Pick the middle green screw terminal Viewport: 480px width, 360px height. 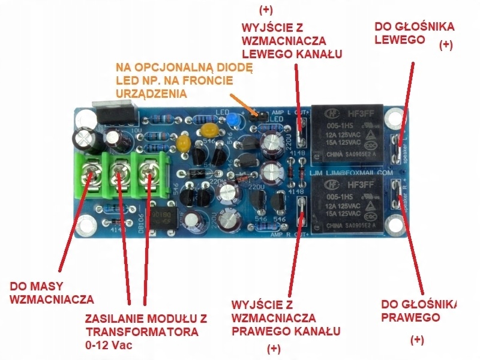pos(119,176)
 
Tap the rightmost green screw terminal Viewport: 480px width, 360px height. pos(148,175)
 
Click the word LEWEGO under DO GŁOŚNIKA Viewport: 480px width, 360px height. pos(400,40)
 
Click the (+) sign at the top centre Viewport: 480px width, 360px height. pos(265,10)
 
